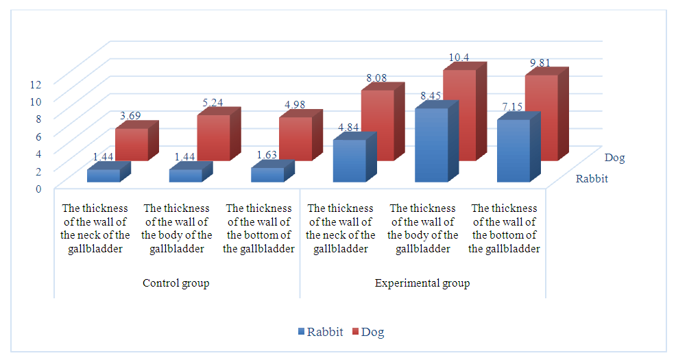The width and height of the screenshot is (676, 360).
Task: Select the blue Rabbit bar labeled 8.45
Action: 431,145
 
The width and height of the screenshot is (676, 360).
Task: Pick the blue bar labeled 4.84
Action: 349,161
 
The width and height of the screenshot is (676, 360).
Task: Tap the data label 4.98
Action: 295,104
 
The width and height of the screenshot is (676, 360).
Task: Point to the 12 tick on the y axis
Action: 36,84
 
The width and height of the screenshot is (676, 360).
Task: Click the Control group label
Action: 176,283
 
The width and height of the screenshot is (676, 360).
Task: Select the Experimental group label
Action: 422,283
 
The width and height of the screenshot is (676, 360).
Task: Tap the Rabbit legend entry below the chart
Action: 321,333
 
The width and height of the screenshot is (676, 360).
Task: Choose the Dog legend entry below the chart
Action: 367,333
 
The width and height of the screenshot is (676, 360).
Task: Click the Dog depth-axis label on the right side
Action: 615,158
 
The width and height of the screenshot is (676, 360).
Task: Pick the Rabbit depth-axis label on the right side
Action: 591,179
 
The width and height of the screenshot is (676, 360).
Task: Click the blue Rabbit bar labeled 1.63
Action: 267,175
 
